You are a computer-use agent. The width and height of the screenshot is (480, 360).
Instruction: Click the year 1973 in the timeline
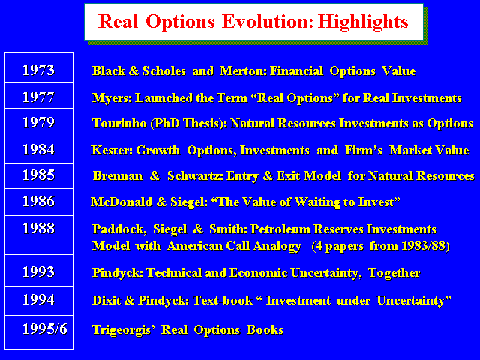(38, 70)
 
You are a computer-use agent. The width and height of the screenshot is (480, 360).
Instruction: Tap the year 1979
(38, 122)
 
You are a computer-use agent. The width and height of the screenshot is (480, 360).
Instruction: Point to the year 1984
(38, 150)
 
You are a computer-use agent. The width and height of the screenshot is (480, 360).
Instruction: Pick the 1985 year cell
(38, 175)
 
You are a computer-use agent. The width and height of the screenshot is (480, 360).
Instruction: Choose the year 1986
(38, 202)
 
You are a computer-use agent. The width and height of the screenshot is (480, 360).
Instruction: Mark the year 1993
(38, 271)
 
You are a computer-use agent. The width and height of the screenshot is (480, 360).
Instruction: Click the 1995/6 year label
(45, 329)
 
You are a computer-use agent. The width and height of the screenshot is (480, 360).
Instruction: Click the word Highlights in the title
(363, 22)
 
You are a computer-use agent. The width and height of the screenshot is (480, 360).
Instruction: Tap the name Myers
(112, 98)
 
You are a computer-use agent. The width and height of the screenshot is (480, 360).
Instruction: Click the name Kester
(112, 150)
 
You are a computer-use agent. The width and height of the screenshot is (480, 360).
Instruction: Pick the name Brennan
(118, 176)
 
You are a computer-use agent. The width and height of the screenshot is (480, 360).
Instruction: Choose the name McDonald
(121, 202)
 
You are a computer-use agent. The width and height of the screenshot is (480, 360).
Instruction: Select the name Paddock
(119, 229)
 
